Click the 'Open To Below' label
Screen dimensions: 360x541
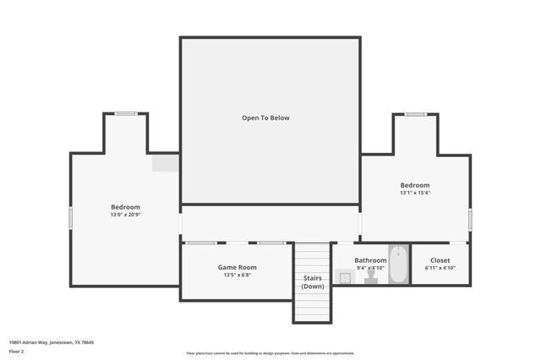tap(265, 117)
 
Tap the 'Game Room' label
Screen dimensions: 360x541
tap(237, 267)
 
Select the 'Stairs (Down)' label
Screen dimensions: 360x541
tap(313, 281)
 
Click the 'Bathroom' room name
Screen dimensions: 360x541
tap(370, 260)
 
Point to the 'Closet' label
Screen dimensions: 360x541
tap(440, 260)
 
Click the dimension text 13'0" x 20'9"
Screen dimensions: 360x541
tap(125, 215)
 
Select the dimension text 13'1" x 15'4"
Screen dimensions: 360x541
tap(415, 193)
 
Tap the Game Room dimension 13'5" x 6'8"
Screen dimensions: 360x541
tap(237, 275)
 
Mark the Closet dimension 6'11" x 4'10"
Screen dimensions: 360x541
tap(440, 268)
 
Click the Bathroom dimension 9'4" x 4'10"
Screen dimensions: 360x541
tap(370, 268)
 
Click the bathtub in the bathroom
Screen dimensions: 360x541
tap(398, 264)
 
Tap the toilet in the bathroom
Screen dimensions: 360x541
tap(371, 277)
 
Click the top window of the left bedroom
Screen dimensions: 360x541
tap(127, 113)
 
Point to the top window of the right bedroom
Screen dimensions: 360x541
tap(415, 114)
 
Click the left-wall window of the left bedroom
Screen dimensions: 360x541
tap(71, 217)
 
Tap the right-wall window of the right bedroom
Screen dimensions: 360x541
tap(470, 218)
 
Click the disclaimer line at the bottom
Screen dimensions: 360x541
tap(270, 353)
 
